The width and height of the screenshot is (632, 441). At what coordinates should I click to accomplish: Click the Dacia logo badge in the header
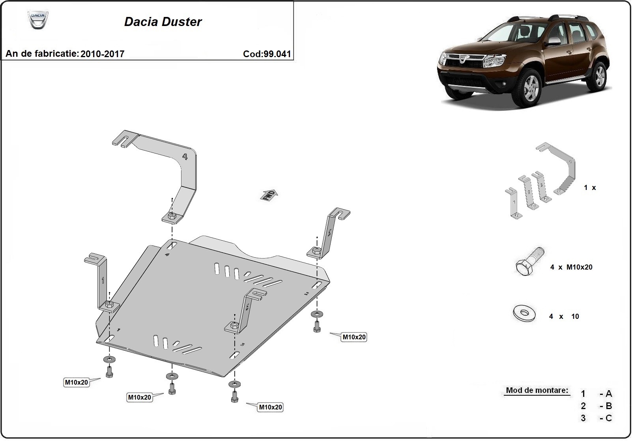(x=37, y=20)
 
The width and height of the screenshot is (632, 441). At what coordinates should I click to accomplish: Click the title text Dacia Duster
(x=163, y=22)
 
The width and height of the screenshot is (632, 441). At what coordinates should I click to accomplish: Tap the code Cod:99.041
(x=267, y=54)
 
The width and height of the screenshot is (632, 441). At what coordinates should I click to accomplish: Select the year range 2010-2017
(x=102, y=54)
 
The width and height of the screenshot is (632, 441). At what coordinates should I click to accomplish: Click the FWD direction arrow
(x=269, y=195)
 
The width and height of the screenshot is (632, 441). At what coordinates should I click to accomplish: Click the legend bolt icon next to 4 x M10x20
(x=529, y=262)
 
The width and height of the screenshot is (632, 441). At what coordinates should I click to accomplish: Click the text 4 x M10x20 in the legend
(x=571, y=267)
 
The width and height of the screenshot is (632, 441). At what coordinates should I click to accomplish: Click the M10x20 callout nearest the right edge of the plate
(x=354, y=337)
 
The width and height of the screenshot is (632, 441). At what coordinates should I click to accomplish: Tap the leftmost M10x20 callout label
(x=77, y=382)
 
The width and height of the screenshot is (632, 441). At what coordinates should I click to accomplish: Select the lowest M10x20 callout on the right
(x=270, y=408)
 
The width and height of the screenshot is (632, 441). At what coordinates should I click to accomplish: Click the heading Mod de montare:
(x=537, y=391)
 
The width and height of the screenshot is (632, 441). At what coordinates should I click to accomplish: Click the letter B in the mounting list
(x=608, y=406)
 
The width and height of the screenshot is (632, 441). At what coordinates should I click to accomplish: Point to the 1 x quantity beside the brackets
(x=590, y=188)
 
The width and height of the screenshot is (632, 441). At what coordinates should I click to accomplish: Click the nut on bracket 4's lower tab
(x=171, y=216)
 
